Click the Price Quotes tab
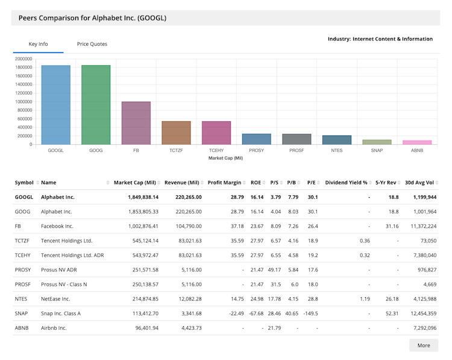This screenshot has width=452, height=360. pyautogui.click(x=92, y=44)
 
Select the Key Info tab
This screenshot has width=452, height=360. pyautogui.click(x=38, y=44)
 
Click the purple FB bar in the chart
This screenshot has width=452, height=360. pyautogui.click(x=136, y=123)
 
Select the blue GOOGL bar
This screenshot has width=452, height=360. pyautogui.click(x=55, y=105)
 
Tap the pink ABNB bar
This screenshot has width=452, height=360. pyautogui.click(x=417, y=142)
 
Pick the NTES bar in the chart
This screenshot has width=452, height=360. pyautogui.click(x=337, y=140)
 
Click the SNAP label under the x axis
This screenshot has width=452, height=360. pyautogui.click(x=377, y=150)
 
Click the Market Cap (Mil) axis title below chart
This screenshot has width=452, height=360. pyautogui.click(x=225, y=157)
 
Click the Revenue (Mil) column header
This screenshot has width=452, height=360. pyautogui.click(x=181, y=182)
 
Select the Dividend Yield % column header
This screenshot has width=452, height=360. pyautogui.click(x=346, y=182)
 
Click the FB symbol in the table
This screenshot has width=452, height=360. pyautogui.click(x=18, y=226)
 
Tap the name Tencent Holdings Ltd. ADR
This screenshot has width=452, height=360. pyautogui.click(x=72, y=255)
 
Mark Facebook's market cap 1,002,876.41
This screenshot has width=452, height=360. pyautogui.click(x=136, y=226)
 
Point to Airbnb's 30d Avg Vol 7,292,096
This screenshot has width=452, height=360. pyautogui.click(x=421, y=328)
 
